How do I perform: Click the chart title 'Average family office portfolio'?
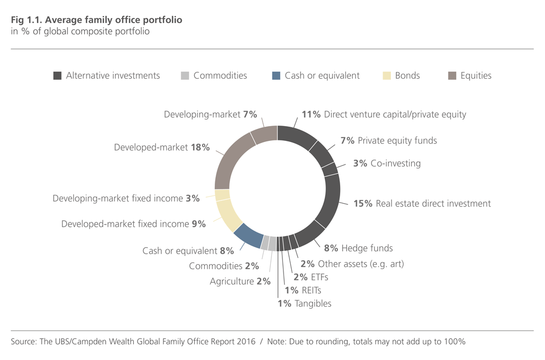[96, 20]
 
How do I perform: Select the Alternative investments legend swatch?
[57, 76]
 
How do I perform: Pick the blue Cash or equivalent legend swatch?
[276, 76]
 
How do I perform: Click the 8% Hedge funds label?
[358, 248]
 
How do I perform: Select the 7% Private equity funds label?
[389, 140]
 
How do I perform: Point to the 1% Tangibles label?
[304, 303]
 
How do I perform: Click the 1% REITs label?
[302, 290]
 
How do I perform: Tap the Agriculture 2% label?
[240, 281]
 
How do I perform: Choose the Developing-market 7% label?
[210, 114]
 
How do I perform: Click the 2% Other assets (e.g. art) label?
[352, 264]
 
